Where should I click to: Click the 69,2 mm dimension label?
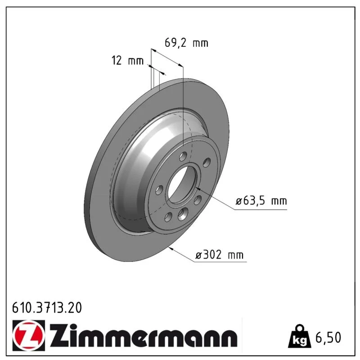point(186,43)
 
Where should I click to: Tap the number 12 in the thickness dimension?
point(117,61)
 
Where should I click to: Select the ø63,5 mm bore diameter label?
point(261,201)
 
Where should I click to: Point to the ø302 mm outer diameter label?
point(219,255)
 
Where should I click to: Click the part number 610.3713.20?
point(47,308)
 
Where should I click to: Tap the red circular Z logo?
point(28,335)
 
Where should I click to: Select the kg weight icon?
point(300,336)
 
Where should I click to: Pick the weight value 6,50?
point(328,337)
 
